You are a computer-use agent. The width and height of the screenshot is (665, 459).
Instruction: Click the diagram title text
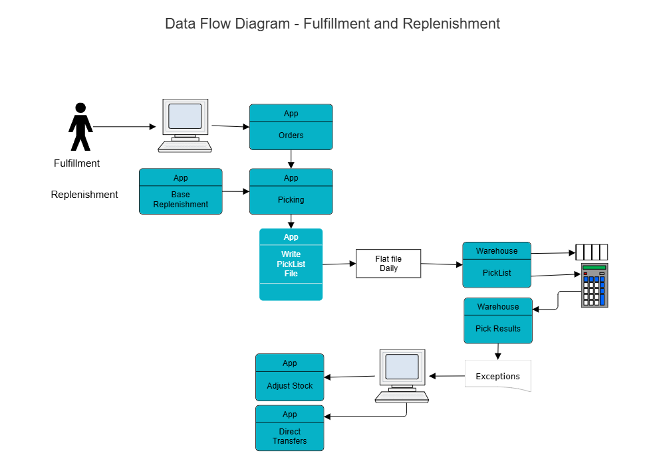332,24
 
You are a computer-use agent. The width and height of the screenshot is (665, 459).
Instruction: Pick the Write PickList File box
291,264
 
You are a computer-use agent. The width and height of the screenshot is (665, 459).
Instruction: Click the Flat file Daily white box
388,264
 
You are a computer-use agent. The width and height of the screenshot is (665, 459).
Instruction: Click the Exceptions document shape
497,376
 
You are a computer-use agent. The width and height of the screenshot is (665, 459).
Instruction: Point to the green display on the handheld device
594,268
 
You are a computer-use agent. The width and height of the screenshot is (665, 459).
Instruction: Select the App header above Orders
291,114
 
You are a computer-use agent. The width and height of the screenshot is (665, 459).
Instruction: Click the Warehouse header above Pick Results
497,307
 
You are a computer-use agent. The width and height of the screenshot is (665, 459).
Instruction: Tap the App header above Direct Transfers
289,414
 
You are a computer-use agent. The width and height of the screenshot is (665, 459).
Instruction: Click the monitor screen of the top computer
185,116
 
